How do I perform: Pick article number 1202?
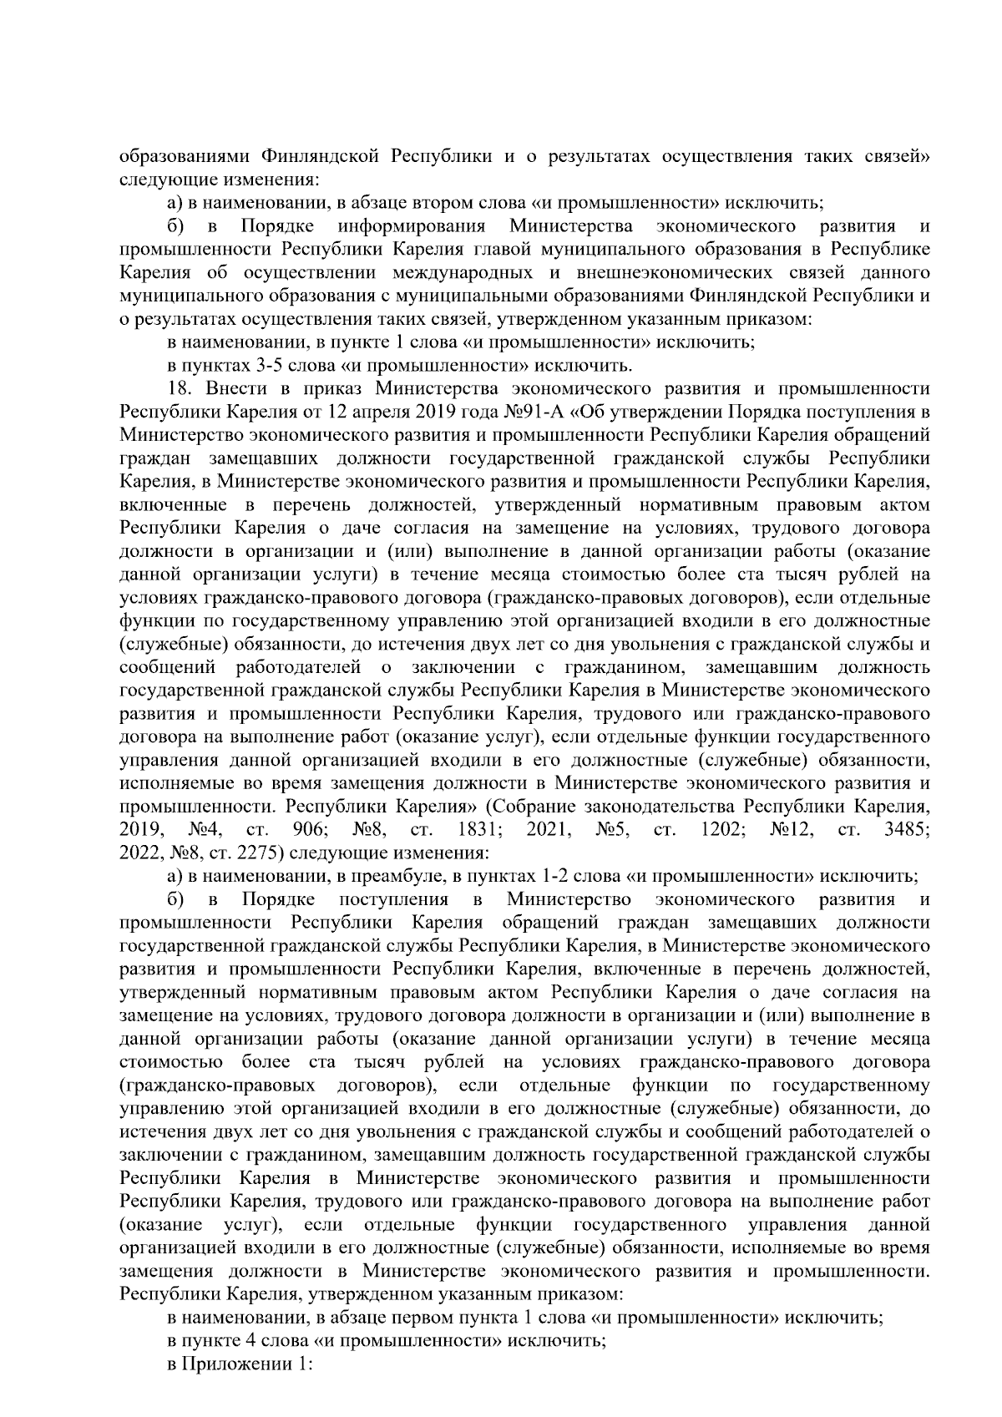[x=711, y=831]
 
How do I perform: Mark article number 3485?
[x=906, y=831]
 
